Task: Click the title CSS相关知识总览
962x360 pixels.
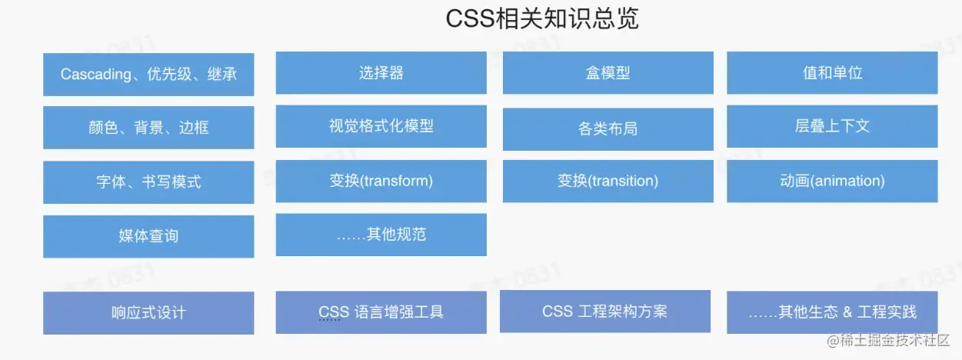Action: pos(542,19)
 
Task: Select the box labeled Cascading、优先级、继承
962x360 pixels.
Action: pos(148,75)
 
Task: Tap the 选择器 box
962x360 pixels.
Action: pos(381,73)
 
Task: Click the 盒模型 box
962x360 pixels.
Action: pos(607,73)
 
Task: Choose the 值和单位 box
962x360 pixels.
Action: pos(832,73)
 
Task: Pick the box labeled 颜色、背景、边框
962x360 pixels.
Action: pos(148,128)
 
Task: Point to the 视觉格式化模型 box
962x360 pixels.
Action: pos(381,126)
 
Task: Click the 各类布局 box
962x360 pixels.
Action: pos(607,128)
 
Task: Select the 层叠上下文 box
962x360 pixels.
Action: pos(832,126)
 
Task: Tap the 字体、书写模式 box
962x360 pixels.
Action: pos(148,182)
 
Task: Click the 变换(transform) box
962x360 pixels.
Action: pos(381,182)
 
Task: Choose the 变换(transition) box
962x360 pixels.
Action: pos(607,182)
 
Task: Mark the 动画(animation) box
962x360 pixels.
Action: pos(832,182)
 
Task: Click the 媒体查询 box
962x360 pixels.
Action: pos(148,236)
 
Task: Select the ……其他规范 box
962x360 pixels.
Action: pos(381,235)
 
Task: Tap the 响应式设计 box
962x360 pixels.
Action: pos(148,313)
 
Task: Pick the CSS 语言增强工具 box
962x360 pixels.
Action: pos(381,312)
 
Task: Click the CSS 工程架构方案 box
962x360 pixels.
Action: pos(604,312)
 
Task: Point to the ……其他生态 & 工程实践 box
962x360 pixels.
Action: pos(832,312)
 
